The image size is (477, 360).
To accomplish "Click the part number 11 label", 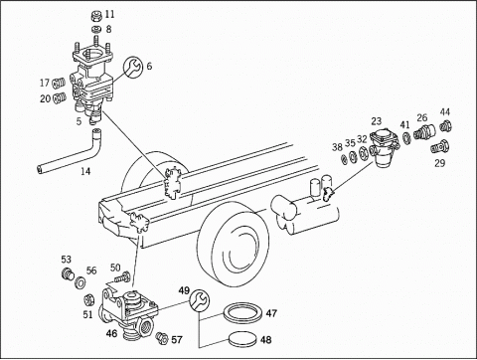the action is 109,14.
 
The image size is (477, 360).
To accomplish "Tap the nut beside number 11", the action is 95,15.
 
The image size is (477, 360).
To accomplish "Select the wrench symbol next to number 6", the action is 133,66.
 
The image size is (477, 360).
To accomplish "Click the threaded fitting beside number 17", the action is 60,82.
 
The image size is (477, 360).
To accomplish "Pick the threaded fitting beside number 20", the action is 60,98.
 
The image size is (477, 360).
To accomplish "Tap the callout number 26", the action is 422,117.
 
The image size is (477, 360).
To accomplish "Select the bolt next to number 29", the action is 440,147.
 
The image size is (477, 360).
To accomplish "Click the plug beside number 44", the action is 446,126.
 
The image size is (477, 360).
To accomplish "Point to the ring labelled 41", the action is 406,138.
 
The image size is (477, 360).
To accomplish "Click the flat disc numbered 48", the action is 242,339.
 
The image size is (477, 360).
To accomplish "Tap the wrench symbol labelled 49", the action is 200,299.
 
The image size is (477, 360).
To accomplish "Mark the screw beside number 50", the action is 121,277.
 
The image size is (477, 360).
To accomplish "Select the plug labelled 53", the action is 69,274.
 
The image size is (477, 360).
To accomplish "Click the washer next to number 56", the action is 80,283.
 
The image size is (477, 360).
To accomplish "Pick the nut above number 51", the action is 87,299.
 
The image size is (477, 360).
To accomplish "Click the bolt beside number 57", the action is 162,337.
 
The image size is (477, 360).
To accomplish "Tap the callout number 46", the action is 111,333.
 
